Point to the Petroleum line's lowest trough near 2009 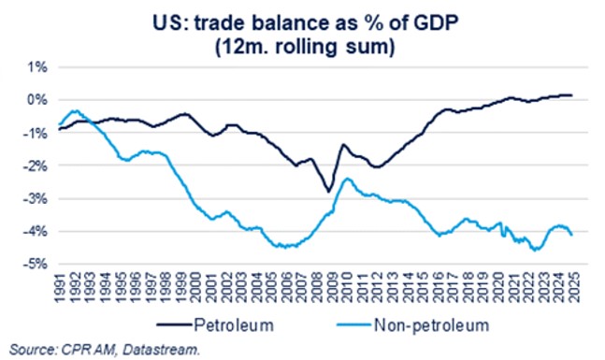coord(328,191)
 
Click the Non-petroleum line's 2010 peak coord(347,179)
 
